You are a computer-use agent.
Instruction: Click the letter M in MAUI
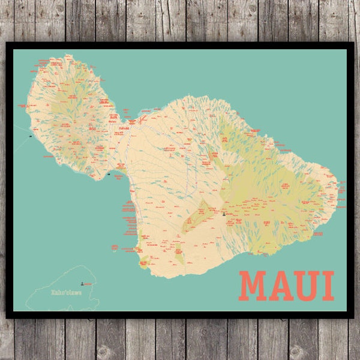[x=252, y=286]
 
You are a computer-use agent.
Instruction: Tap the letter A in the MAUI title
[x=281, y=286]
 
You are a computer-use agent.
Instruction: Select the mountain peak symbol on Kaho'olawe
[x=82, y=280]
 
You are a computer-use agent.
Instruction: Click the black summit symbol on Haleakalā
[x=223, y=213]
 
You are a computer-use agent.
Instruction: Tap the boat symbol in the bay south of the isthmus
[x=109, y=174]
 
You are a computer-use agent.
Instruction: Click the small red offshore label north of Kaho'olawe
[x=114, y=246]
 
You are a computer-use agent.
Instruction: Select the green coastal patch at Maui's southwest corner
[x=143, y=262]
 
